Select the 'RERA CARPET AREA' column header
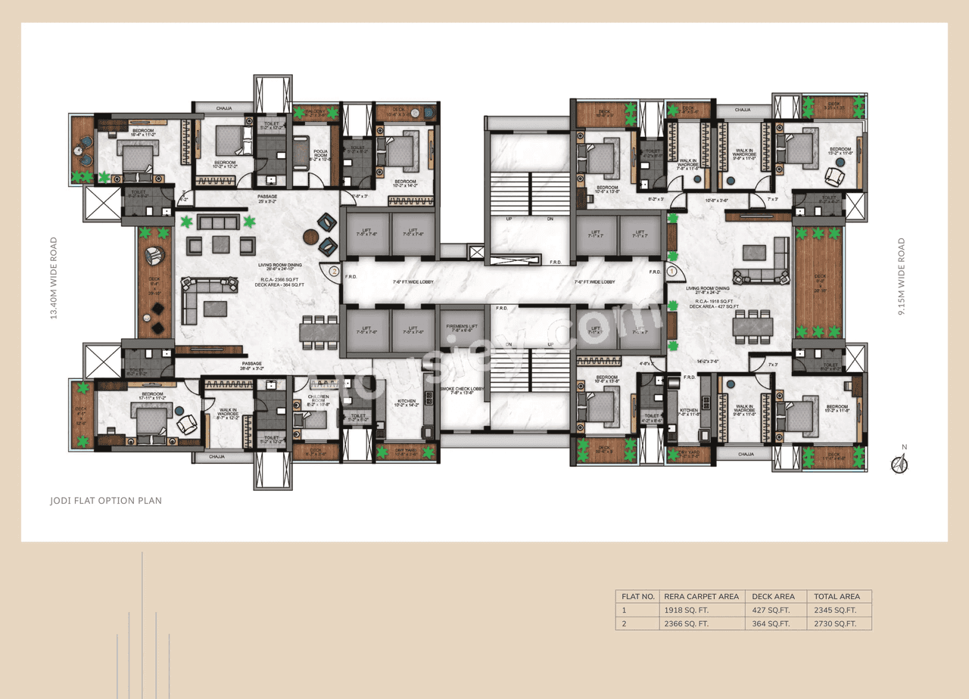pyautogui.click(x=700, y=596)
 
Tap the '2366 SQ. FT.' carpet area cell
pyautogui.click(x=687, y=623)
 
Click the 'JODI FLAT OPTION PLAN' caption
pyautogui.click(x=105, y=500)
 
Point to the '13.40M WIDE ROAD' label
pyautogui.click(x=54, y=278)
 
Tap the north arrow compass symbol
pyautogui.click(x=899, y=464)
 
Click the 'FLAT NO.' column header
pyautogui.click(x=637, y=596)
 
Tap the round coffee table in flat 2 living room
pyautogui.click(x=311, y=237)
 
